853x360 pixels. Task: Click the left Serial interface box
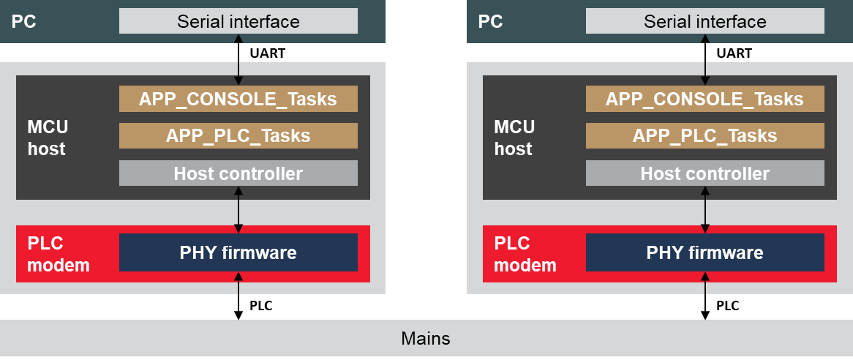coord(238,21)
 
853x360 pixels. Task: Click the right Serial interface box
coord(705,21)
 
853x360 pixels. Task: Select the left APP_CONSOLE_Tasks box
coord(238,99)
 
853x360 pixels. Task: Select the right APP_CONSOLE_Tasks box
coord(705,99)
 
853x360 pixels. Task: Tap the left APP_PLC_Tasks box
coord(238,135)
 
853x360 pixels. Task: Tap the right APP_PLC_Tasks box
coord(705,135)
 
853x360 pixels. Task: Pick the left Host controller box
coord(238,173)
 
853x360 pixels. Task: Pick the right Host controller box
coord(705,173)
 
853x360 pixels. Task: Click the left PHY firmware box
coord(238,252)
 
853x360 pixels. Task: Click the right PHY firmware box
coord(705,252)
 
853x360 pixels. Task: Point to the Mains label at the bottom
coord(426,339)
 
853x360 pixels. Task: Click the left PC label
coord(23,21)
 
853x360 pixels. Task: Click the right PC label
coord(490,21)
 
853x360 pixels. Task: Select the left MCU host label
coord(48,138)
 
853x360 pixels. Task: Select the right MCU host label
coord(514,138)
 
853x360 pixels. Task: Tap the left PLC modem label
coord(58,254)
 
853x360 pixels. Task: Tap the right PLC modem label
coord(525,254)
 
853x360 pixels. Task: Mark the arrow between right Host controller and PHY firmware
coord(705,209)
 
